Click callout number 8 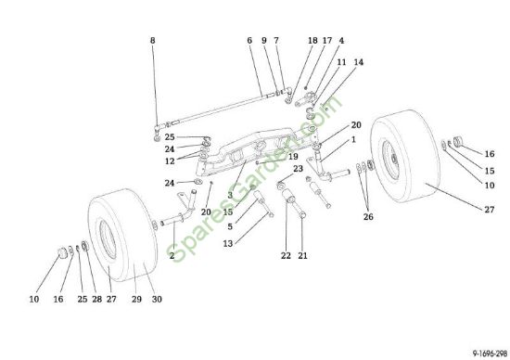tap(153, 41)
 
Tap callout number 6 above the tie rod tap(249, 41)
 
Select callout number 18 tap(312, 41)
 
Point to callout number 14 tap(359, 62)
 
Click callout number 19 tap(293, 157)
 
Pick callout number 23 tap(298, 169)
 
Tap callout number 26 tap(368, 217)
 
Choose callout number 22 tap(286, 256)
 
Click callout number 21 tap(302, 256)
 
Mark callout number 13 tap(228, 243)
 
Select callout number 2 tap(172, 256)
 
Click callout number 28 tap(97, 299)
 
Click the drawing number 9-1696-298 tap(490, 354)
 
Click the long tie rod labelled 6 tap(219, 109)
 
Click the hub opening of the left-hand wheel tap(108, 239)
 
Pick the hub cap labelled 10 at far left tap(62, 252)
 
